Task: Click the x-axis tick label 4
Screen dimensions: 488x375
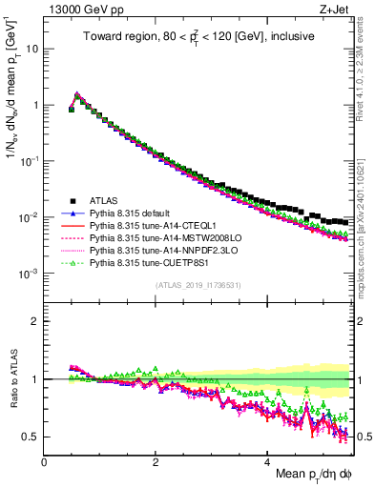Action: pyautogui.click(x=268, y=461)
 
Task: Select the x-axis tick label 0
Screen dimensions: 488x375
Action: pyautogui.click(x=44, y=461)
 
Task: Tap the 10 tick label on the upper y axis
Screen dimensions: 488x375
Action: pyautogui.click(x=32, y=48)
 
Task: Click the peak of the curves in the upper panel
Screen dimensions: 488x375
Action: pyautogui.click(x=77, y=94)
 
